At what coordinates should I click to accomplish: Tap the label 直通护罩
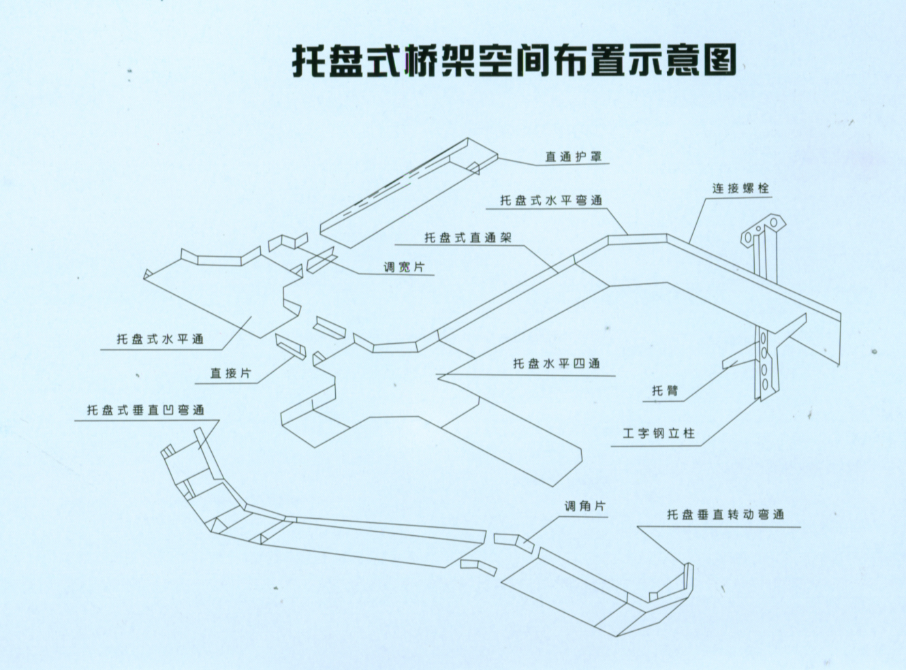pos(573,157)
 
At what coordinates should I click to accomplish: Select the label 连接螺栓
pos(740,188)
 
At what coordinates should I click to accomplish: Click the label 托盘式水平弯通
pos(551,200)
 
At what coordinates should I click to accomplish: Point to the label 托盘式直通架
pos(467,238)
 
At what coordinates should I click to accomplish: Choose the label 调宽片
pos(403,267)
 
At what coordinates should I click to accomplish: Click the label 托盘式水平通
pos(159,339)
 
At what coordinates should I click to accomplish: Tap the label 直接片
pos(230,373)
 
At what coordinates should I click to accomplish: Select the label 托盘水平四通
pos(556,364)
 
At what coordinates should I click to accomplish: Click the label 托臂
pos(665,391)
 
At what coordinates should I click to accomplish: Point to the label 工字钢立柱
pos(659,433)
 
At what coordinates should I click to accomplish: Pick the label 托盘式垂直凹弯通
pos(145,411)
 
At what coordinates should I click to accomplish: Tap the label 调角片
pos(584,507)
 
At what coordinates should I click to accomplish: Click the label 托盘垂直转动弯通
pos(725,515)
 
